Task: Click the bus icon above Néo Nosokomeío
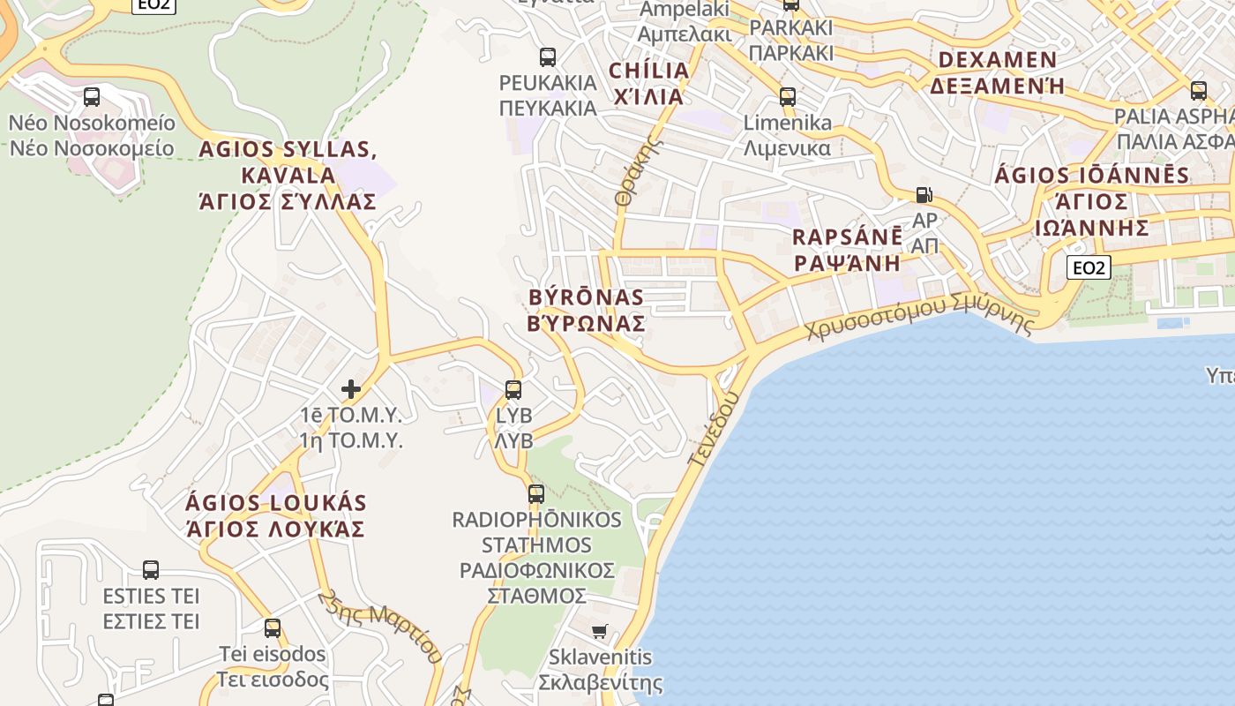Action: click(x=92, y=97)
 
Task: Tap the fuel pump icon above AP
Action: click(x=924, y=195)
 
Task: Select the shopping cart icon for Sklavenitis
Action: click(x=600, y=631)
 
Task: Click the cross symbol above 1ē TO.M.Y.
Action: click(x=351, y=388)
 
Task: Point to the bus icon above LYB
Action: click(x=513, y=389)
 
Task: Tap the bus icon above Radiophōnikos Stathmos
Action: click(x=536, y=494)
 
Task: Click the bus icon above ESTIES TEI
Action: click(x=151, y=570)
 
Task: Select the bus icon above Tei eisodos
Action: click(x=273, y=628)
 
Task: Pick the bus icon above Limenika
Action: click(x=788, y=97)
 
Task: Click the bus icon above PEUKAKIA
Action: click(x=548, y=57)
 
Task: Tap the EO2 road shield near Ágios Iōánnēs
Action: click(x=1088, y=267)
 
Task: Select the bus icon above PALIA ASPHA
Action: click(x=1198, y=90)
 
